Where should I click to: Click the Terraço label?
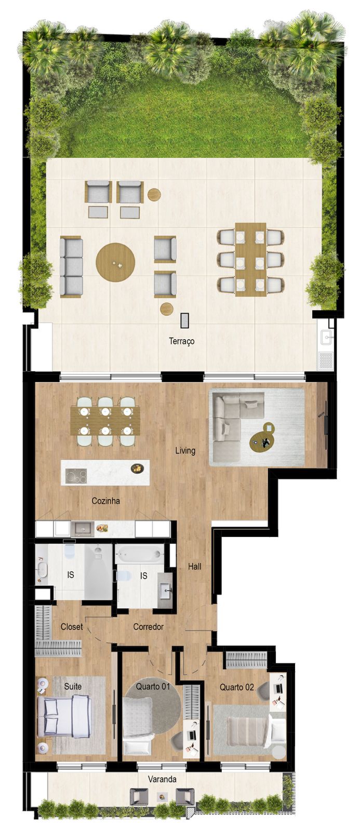tap(181, 341)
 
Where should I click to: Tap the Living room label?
tap(185, 450)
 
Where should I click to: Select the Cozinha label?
tap(105, 501)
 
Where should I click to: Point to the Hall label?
tap(195, 566)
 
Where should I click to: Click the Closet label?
tap(72, 627)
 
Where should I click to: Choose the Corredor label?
tap(149, 627)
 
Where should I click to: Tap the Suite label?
tap(73, 686)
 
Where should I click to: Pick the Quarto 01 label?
tap(153, 686)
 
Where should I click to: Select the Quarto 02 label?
tap(236, 687)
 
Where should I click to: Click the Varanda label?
tap(162, 779)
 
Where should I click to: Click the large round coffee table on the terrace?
tap(115, 262)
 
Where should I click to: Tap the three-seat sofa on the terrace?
tap(71, 266)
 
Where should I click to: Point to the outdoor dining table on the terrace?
tap(250, 260)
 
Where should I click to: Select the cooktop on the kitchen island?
tap(76, 476)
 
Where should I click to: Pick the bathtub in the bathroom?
tap(139, 554)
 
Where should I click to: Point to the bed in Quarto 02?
tap(248, 731)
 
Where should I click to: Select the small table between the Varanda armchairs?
tap(163, 797)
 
